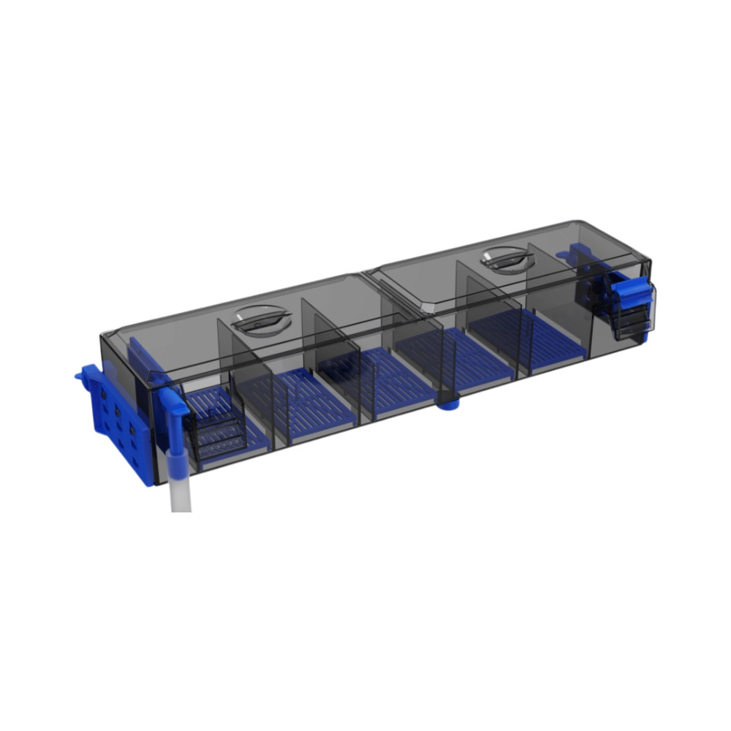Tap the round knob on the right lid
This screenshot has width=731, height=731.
coord(506,258)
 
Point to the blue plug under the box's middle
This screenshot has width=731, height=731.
coord(447,401)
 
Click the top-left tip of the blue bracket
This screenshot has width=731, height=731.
coord(79,374)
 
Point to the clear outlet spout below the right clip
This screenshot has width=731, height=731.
coord(630,325)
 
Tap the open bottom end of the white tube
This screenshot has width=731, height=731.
coord(181,509)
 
